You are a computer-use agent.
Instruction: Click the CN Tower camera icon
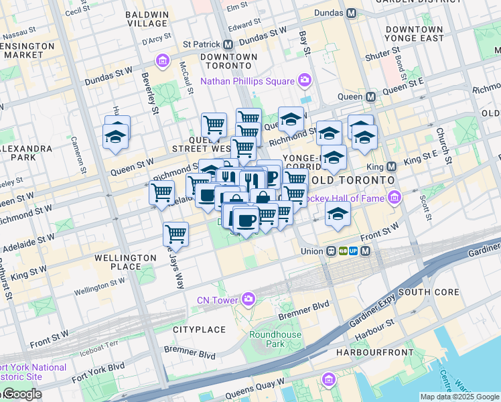coord(249,299)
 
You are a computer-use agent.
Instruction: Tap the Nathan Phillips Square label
coord(247,81)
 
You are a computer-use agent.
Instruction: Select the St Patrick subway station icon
coord(228,45)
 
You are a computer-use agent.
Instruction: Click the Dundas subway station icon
coord(352,13)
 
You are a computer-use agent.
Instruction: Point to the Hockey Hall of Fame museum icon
coord(395,198)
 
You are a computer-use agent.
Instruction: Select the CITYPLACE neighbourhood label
coord(200,330)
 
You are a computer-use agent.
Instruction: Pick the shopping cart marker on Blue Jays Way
coord(175,234)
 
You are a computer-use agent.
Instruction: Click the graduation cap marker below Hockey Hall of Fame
coord(338,214)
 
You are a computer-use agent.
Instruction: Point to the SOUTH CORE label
coord(429,293)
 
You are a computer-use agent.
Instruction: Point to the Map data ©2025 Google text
coord(459,397)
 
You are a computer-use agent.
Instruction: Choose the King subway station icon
coord(391,165)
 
